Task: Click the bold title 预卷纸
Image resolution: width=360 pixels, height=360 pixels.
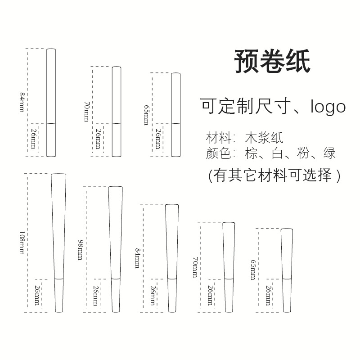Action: point(273,62)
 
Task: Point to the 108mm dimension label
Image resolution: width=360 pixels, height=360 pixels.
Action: point(21,243)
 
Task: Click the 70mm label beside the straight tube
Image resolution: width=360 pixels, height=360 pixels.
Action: point(87,111)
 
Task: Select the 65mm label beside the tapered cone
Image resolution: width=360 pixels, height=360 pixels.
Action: point(252,270)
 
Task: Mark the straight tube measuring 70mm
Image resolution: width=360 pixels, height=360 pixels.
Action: point(116,112)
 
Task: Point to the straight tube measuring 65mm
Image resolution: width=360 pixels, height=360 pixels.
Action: point(175,115)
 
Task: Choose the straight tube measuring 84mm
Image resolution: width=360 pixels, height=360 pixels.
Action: point(51,103)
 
